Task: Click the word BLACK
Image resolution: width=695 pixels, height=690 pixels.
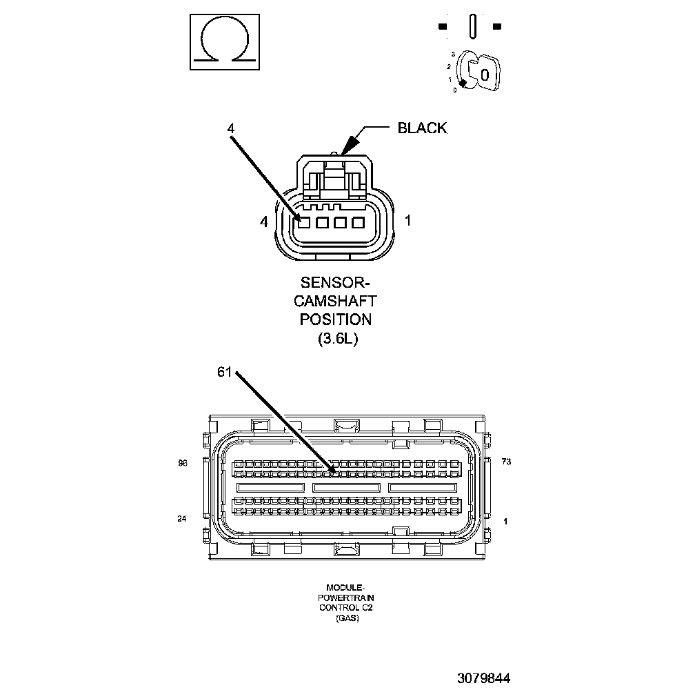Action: click(x=422, y=128)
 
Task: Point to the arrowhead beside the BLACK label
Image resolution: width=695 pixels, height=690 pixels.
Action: click(x=349, y=143)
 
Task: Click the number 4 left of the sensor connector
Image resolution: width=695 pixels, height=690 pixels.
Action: click(x=263, y=221)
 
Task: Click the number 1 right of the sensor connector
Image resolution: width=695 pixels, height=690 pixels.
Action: click(x=408, y=221)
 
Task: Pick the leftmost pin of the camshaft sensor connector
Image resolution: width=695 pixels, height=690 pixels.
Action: click(x=303, y=223)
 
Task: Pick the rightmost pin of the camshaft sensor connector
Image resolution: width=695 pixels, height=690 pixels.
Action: click(x=357, y=223)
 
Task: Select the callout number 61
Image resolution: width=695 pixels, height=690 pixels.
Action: click(x=224, y=373)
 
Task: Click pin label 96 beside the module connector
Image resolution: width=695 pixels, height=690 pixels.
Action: click(x=183, y=464)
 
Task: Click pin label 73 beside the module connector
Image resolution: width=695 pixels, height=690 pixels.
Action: click(x=506, y=462)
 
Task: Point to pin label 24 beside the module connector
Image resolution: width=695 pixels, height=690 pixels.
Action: click(x=182, y=519)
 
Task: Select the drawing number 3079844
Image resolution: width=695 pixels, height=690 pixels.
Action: click(x=483, y=678)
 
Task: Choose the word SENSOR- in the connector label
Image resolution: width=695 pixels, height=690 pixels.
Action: click(x=336, y=283)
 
